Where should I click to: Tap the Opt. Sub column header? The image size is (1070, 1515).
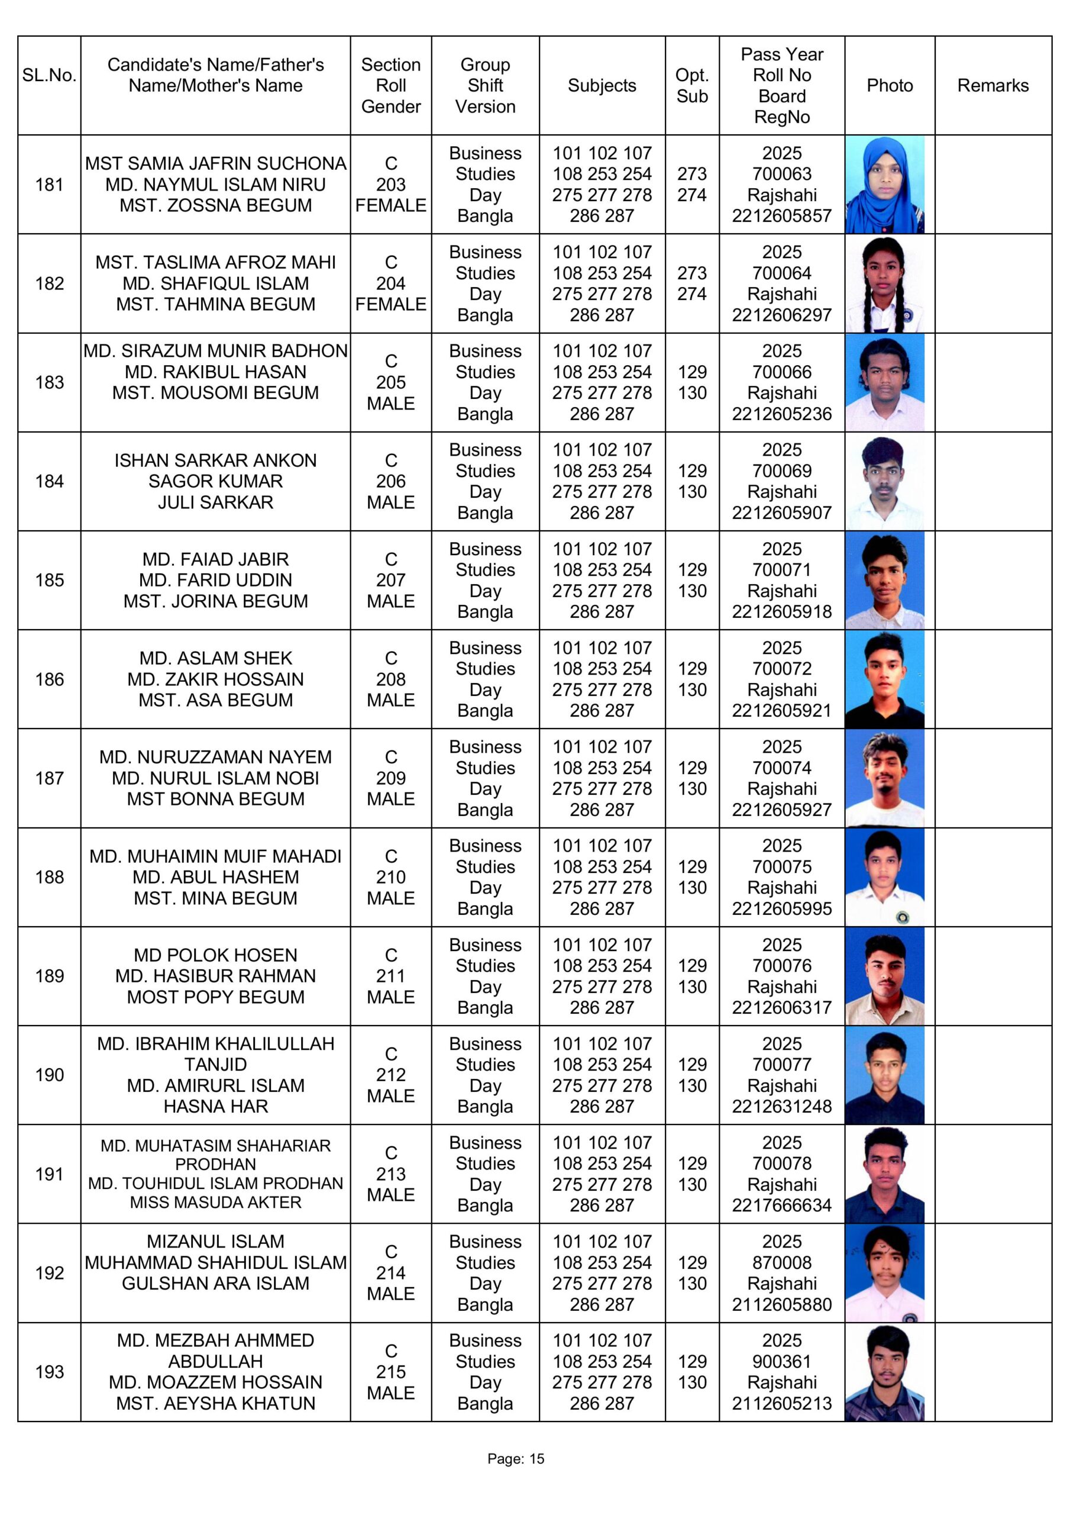click(691, 85)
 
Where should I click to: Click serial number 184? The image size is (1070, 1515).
click(50, 481)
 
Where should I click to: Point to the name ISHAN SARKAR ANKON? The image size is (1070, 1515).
click(215, 460)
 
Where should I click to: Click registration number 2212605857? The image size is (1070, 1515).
click(781, 216)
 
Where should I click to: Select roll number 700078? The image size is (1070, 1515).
click(781, 1163)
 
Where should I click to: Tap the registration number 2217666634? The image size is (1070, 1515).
click(781, 1205)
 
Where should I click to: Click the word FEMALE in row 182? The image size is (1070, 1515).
click(390, 304)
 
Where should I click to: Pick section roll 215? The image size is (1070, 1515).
click(390, 1371)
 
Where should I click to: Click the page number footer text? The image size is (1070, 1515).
click(516, 1458)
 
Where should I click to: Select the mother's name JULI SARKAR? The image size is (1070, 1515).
click(215, 502)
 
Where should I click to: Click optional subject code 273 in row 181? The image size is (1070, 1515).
click(691, 173)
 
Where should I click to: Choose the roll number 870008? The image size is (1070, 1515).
click(781, 1262)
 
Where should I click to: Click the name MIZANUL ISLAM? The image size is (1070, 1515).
click(215, 1241)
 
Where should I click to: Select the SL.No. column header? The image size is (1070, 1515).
click(50, 75)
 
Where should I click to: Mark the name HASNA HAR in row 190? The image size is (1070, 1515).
click(215, 1106)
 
